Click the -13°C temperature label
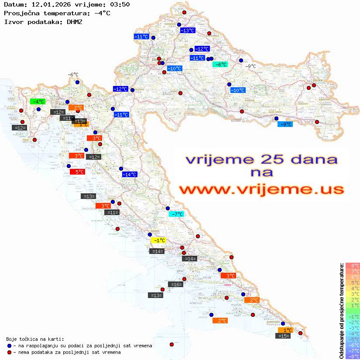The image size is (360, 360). click(x=188, y=31)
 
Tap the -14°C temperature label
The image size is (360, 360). click(x=130, y=175)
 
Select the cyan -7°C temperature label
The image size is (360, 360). click(x=177, y=214)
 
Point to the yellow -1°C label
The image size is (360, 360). click(x=158, y=240)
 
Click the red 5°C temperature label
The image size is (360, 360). click(x=77, y=172)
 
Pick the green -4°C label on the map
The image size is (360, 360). click(x=38, y=102)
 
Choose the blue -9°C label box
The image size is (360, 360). click(x=285, y=124)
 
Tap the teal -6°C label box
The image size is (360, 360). click(x=220, y=65)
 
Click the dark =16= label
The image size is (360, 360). click(x=175, y=285)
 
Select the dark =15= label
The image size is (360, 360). click(x=284, y=336)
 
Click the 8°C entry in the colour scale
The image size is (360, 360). click(x=353, y=266)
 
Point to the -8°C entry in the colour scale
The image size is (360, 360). click(x=353, y=357)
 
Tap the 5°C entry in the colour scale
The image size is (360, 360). click(x=353, y=283)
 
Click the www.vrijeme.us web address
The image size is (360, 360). click(x=261, y=190)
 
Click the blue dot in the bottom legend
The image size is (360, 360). click(x=10, y=346)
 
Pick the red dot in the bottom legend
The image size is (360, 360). click(x=10, y=352)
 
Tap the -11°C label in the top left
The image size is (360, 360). click(x=141, y=37)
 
